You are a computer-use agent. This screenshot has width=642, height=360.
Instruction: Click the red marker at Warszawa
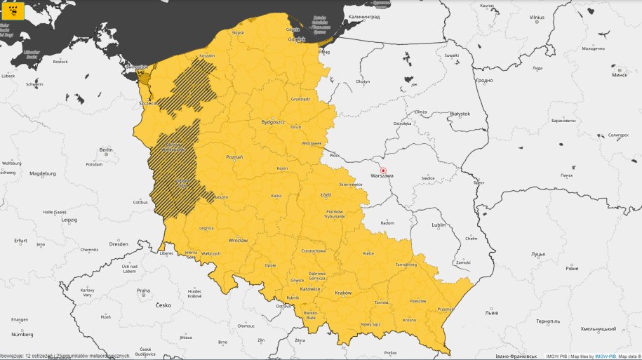(383, 170)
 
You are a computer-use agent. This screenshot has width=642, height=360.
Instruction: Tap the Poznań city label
(234, 157)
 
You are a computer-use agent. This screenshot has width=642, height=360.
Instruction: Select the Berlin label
(106, 149)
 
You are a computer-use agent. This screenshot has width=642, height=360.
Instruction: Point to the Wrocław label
(238, 239)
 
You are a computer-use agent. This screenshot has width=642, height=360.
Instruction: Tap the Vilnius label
(537, 16)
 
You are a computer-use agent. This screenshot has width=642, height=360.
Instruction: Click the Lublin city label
(439, 225)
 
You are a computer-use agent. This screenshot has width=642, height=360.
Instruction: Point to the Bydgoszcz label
(272, 121)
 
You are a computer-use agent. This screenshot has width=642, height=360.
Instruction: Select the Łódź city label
(324, 195)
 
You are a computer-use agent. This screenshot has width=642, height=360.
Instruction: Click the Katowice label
(310, 288)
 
